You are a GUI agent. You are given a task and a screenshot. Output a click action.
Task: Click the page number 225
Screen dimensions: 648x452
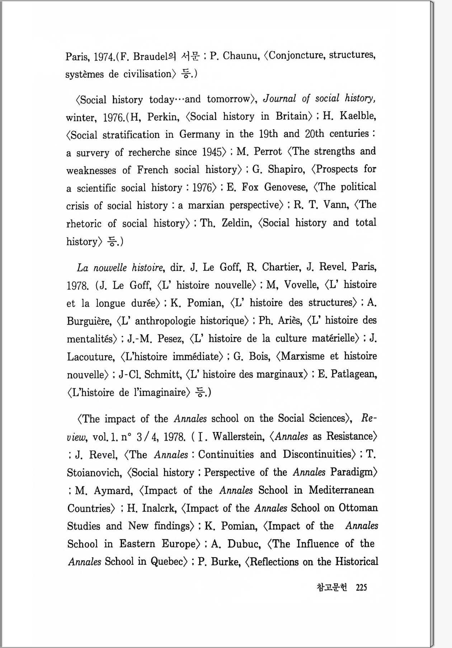point(361,587)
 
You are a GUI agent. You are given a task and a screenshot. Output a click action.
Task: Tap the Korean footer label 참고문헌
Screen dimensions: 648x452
point(332,587)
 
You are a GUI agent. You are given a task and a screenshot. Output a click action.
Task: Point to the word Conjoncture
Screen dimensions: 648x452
point(296,56)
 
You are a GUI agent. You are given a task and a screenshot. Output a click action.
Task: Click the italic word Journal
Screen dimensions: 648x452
point(279,98)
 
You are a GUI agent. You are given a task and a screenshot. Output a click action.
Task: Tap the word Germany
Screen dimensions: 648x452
point(199,134)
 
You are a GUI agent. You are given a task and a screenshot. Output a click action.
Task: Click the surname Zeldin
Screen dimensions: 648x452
point(237,223)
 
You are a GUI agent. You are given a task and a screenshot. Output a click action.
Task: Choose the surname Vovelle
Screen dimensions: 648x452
point(301,285)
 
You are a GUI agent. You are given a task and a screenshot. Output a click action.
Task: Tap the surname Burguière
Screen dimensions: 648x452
point(89,321)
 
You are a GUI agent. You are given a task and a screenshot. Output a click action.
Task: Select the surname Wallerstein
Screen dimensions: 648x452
point(239,436)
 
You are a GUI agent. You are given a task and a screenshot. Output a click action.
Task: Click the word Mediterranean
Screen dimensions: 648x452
point(341,490)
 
